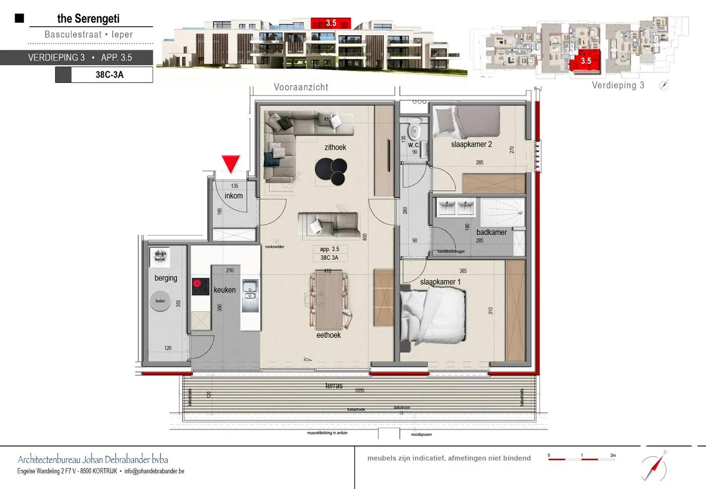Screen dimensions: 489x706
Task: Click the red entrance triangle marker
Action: point(230,163)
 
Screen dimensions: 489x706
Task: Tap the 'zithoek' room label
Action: point(335,147)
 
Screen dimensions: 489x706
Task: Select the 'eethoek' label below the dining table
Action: point(328,335)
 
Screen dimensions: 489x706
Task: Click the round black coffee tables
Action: point(332,171)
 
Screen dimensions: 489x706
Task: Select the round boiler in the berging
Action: point(160,301)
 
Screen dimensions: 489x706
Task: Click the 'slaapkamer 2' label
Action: point(471,144)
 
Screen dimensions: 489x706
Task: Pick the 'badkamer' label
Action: point(491,232)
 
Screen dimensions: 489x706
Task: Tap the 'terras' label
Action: point(334,386)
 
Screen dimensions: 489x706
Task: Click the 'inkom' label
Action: point(233,196)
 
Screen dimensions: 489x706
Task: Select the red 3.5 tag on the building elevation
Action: point(331,23)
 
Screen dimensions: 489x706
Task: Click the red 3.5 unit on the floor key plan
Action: point(585,61)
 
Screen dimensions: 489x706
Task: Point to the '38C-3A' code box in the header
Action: point(109,75)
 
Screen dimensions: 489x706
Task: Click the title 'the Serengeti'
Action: point(88,19)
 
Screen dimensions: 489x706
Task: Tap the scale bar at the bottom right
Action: point(581,458)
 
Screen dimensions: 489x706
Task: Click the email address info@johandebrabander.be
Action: point(154,471)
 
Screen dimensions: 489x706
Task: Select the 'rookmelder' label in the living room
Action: point(274,247)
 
